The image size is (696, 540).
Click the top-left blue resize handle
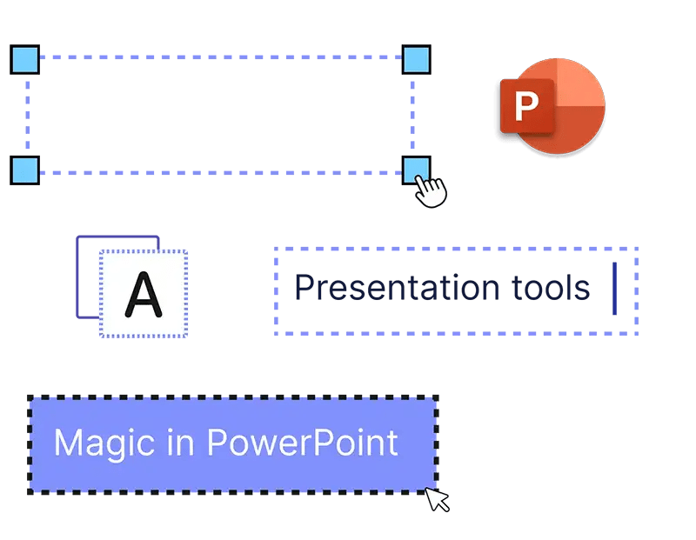coord(25,59)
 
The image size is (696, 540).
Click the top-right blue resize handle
coord(417,59)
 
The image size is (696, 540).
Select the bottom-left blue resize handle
coord(25,170)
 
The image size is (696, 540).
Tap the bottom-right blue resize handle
coord(416,170)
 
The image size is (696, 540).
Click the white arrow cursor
coord(437,499)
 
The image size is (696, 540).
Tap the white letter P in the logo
coord(526,107)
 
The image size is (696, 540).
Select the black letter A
coord(144,294)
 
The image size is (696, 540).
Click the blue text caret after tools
coord(615,289)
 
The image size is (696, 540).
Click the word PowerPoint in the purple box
coord(302,443)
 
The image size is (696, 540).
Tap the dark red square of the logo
coord(525,107)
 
